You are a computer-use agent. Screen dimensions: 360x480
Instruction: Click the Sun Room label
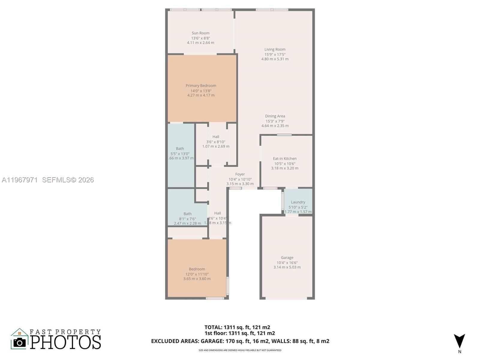click(200, 33)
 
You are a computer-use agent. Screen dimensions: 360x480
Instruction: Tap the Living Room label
click(275, 49)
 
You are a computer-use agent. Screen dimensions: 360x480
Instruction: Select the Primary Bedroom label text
click(201, 86)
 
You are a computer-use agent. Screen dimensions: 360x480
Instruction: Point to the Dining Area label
click(275, 116)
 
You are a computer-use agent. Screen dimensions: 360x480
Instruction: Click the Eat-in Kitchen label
click(285, 159)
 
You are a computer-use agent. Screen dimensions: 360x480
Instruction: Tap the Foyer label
click(240, 174)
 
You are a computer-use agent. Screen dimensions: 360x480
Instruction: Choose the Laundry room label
click(298, 202)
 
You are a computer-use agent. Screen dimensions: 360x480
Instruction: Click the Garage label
click(287, 258)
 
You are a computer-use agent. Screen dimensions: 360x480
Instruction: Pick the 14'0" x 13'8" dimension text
click(201, 91)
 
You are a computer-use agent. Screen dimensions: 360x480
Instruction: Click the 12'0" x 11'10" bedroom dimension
click(197, 274)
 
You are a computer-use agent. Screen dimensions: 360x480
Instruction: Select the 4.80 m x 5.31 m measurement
click(275, 59)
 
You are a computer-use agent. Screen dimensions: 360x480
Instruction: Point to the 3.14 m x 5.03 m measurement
click(287, 267)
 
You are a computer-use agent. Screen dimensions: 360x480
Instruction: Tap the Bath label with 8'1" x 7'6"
click(187, 214)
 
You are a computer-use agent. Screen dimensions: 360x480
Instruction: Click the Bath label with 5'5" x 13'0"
click(180, 149)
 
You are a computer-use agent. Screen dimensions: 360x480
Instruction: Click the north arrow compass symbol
click(459, 341)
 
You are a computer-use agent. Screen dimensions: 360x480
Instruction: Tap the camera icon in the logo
click(20, 342)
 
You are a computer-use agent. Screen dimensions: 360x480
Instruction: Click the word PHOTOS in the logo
click(66, 342)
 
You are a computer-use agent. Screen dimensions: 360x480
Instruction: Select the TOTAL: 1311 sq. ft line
click(237, 327)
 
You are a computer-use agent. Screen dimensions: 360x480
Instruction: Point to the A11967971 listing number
click(20, 180)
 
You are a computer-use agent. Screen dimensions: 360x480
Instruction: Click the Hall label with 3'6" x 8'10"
click(216, 137)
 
